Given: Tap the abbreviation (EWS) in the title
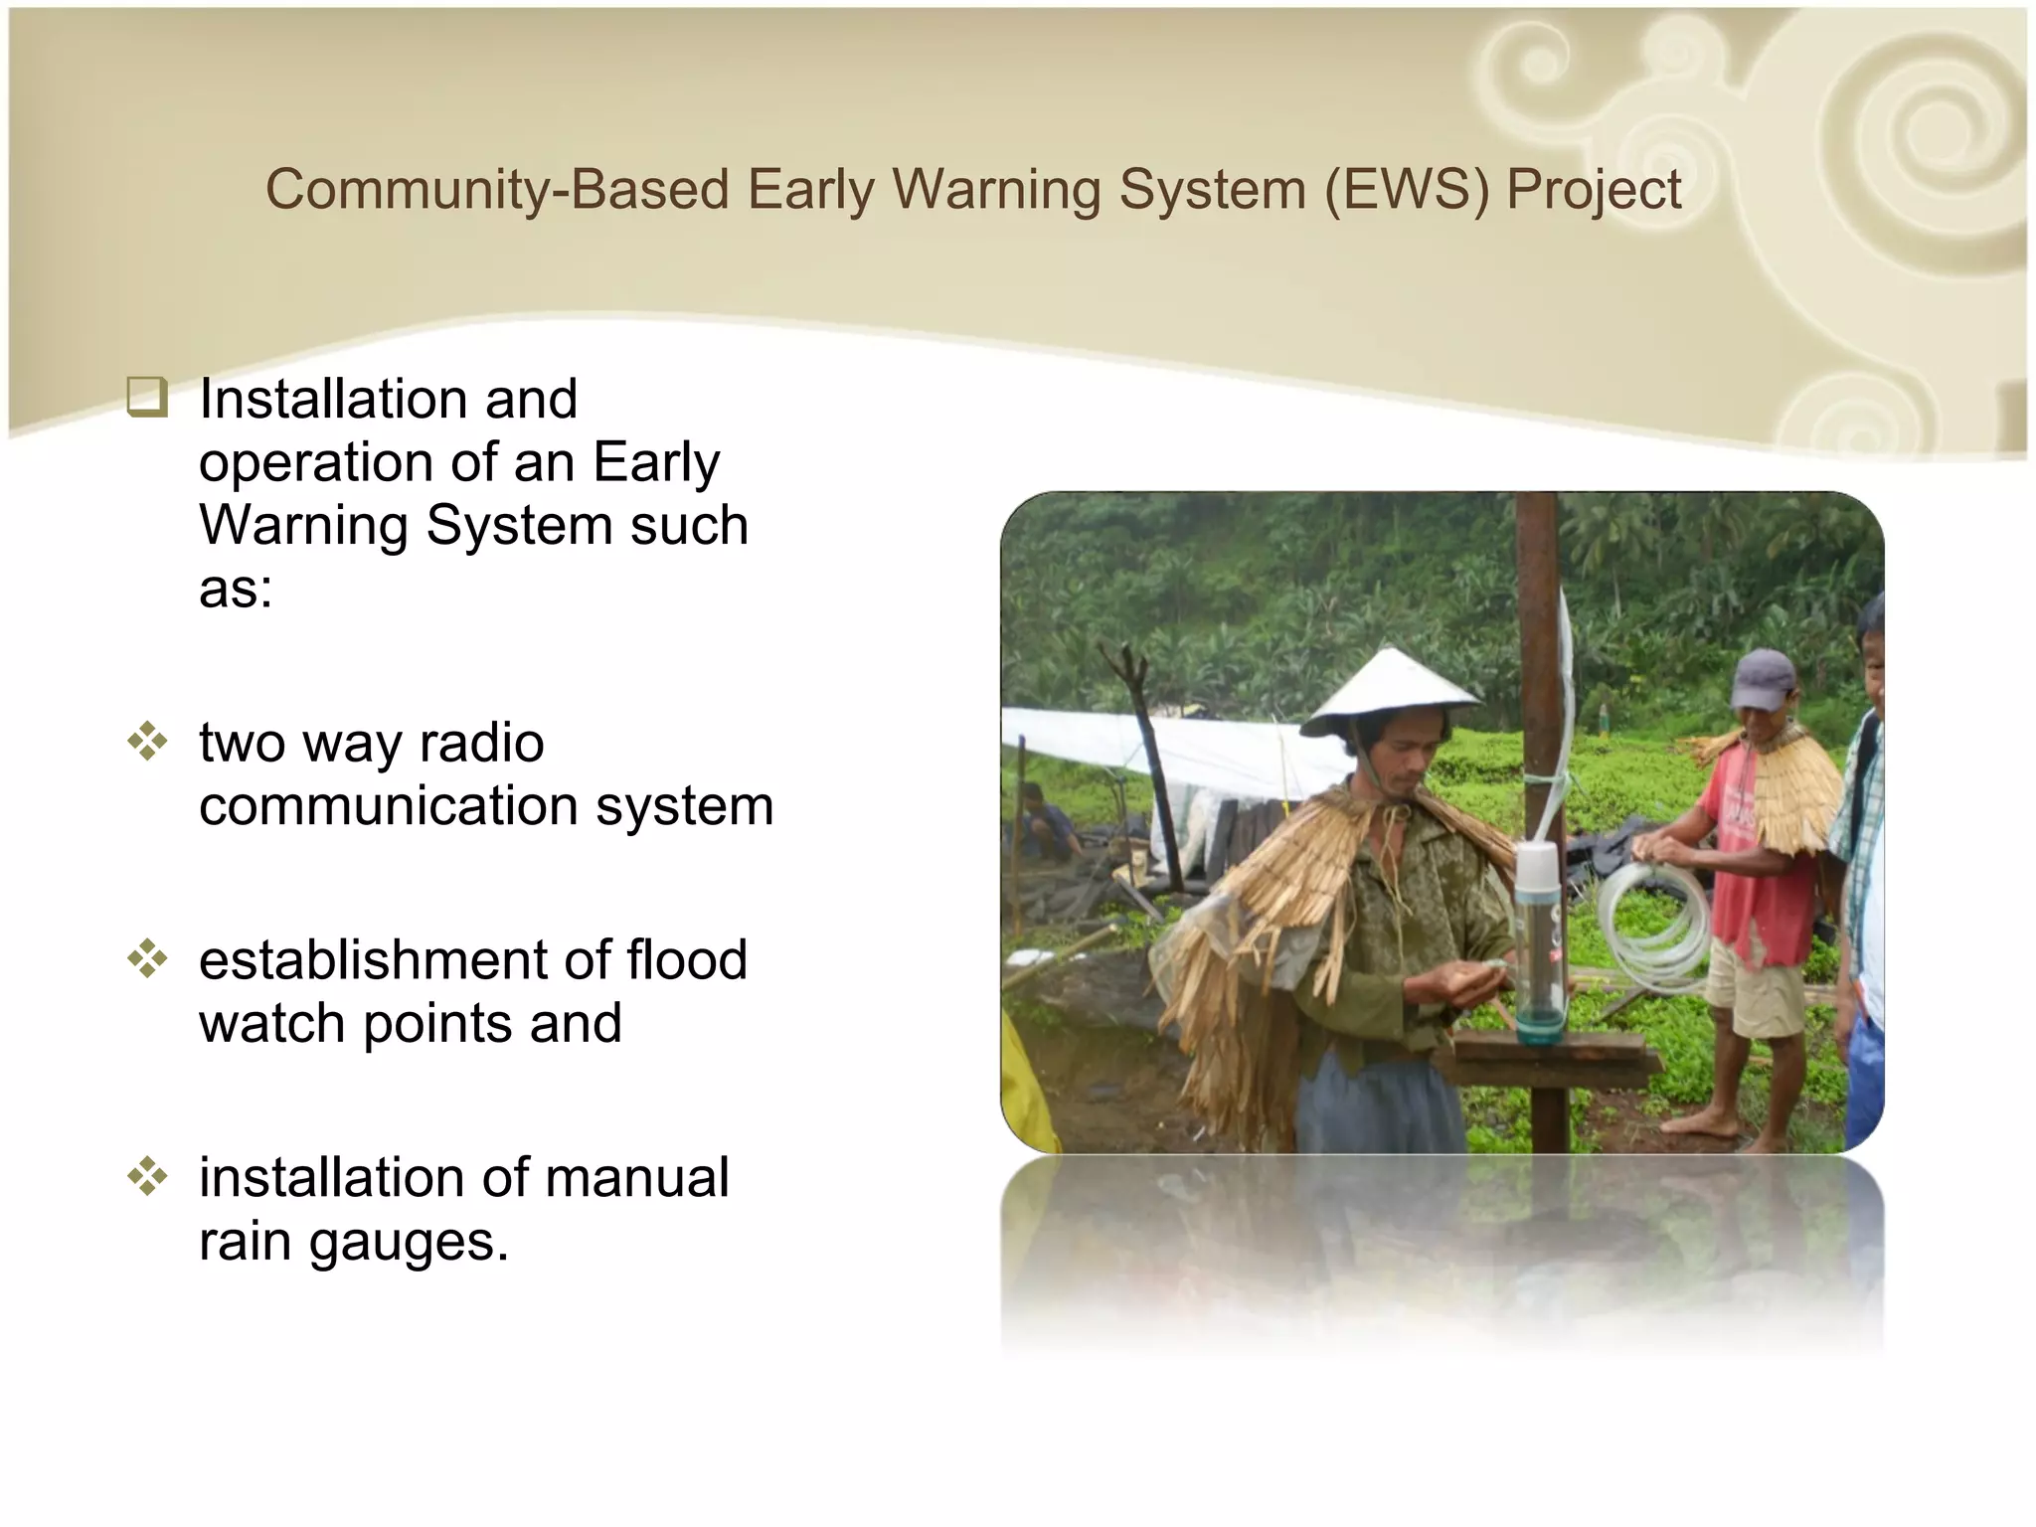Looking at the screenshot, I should point(1406,189).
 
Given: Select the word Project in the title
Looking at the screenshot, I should point(1593,191).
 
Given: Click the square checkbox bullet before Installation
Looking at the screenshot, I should point(146,399).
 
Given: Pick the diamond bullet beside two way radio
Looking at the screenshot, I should point(147,742).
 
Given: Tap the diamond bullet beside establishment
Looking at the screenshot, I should point(147,959).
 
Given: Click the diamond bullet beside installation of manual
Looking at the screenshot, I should point(147,1176).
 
